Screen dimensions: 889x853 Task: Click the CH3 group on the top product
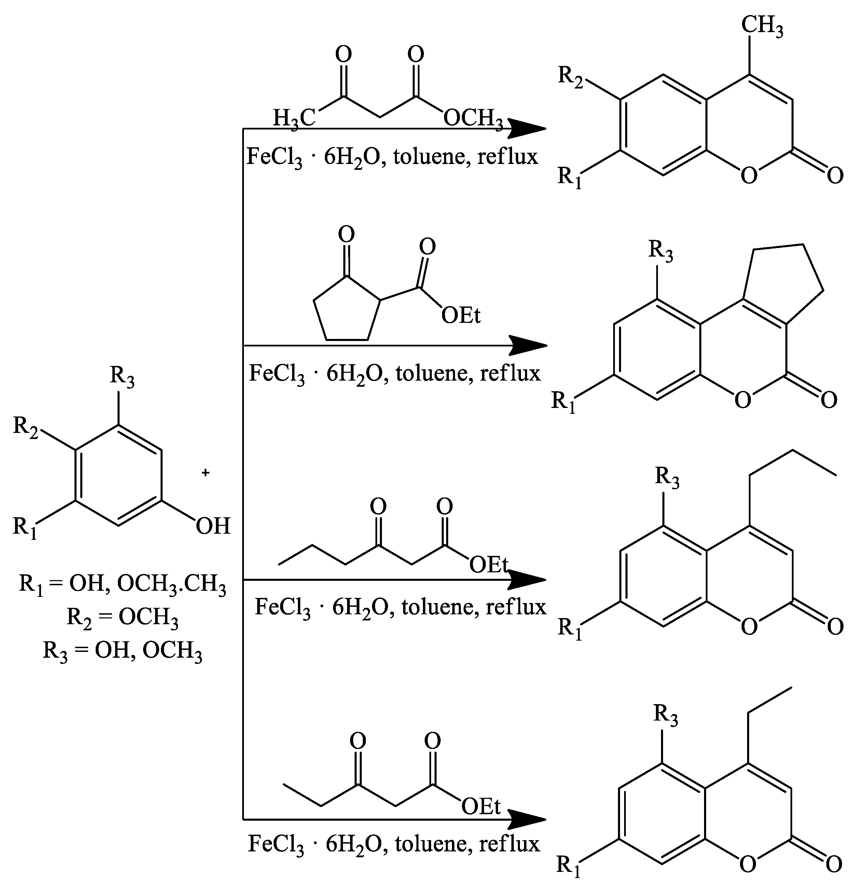pos(762,26)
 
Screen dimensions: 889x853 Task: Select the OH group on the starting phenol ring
pos(213,526)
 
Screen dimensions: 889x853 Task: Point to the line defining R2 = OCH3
pos(122,617)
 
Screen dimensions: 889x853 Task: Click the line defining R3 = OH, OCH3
pos(122,651)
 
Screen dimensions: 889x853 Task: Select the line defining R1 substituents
pos(122,584)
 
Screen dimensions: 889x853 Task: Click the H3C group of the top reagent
pos(294,119)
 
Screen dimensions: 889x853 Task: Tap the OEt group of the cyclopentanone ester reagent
pos(460,315)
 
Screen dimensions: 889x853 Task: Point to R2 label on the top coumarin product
pos(570,77)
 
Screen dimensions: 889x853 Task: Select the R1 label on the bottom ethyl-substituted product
pos(568,867)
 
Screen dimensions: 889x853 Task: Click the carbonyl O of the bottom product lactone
pos(834,864)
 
